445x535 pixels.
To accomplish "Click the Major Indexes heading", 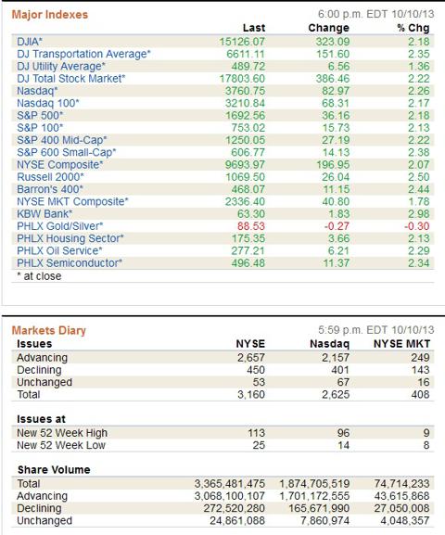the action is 50,14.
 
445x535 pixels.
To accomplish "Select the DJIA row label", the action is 30,42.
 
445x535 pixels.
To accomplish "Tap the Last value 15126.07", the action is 242,42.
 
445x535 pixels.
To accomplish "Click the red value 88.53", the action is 251,226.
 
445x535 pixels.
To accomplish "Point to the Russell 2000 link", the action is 50,177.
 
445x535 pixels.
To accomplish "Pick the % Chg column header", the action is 413,28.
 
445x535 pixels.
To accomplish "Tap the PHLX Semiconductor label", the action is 70,262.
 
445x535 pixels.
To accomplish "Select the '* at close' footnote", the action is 39,276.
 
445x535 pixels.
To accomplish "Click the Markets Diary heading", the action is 49,330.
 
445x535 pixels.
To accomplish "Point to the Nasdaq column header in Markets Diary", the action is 330,344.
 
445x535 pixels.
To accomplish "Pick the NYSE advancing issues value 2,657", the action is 251,357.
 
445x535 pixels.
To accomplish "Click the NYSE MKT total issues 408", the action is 420,394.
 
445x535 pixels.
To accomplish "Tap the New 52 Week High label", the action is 62,433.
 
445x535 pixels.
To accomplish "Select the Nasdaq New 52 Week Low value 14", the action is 343,445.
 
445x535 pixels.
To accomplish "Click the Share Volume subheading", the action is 54,469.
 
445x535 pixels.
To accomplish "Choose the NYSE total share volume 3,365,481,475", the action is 230,483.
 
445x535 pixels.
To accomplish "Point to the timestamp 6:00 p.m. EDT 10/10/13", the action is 376,14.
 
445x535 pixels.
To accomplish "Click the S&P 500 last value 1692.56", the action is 245,115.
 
